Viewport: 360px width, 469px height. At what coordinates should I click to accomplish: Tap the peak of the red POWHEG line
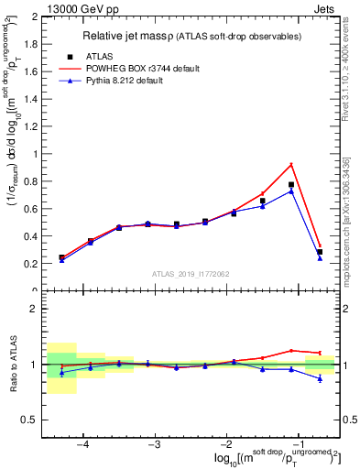click(291, 164)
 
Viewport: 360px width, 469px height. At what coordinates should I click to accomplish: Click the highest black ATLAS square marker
click(291, 185)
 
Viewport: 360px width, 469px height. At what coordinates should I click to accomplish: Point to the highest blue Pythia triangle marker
click(291, 191)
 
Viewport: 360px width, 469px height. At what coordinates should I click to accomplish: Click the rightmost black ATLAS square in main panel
click(320, 252)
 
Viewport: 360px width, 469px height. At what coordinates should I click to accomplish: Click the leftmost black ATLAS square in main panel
click(62, 257)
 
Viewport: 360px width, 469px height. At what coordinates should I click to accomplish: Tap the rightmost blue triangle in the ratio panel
click(320, 378)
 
